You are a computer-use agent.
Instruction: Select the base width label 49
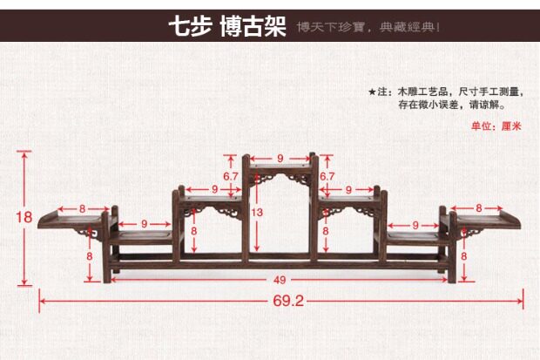[x=279, y=279]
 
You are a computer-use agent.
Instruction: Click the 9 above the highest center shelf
[x=280, y=158]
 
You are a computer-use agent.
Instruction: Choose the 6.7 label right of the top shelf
[x=327, y=176]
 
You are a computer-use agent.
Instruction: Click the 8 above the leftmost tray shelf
[x=82, y=208]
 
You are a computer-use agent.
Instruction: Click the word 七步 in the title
[x=190, y=27]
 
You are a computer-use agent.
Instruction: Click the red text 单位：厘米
[x=496, y=126]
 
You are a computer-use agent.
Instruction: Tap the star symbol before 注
[x=372, y=92]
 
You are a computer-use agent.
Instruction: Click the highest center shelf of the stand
[x=280, y=167]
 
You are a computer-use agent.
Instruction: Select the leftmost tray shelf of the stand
[x=71, y=219]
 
